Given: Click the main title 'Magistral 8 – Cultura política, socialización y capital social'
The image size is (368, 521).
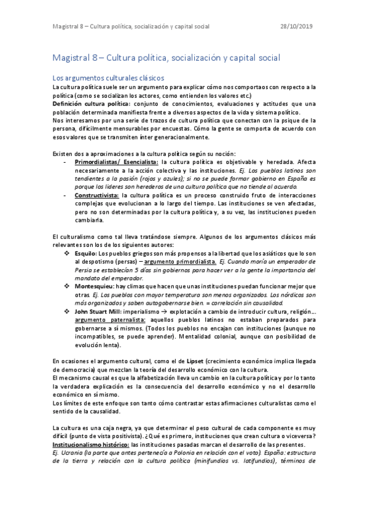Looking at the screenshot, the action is [166, 58].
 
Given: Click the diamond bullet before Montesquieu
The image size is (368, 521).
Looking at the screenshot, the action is [68, 286].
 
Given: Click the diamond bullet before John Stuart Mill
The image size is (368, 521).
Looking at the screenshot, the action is [68, 311].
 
